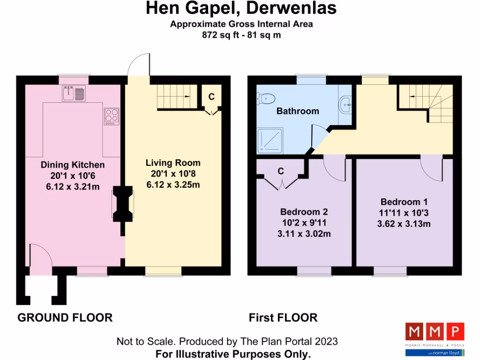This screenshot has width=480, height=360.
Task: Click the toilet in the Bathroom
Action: click(267, 98)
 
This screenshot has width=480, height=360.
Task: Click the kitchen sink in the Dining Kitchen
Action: click(74, 94)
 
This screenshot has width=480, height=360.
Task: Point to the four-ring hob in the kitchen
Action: click(112, 116)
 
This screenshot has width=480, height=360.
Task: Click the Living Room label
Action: click(173, 163)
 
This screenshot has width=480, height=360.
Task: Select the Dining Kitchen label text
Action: click(73, 165)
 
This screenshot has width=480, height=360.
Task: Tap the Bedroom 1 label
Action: click(404, 202)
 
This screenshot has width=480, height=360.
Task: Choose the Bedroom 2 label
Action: click(304, 211)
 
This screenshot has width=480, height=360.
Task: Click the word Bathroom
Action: click(298, 111)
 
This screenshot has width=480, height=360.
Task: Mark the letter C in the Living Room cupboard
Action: click(211, 97)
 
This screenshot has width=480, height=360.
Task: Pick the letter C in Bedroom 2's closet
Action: click(281, 172)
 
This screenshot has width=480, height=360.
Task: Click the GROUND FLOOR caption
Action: click(65, 318)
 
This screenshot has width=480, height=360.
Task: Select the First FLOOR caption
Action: click(283, 318)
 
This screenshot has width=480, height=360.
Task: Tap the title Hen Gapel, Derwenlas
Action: click(241, 8)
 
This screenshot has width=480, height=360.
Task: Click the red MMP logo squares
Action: click(435, 333)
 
